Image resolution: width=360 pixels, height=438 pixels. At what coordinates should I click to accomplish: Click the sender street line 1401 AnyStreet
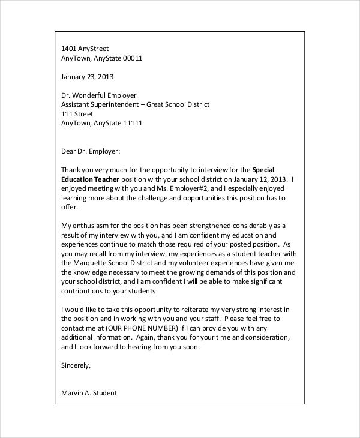pyautogui.click(x=86, y=49)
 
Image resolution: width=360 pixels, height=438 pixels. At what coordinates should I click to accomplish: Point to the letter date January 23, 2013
pyautogui.click(x=88, y=77)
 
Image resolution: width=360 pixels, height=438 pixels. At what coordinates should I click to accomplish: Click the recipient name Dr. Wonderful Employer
pyautogui.click(x=99, y=95)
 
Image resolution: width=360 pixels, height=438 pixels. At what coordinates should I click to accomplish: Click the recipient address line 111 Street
pyautogui.click(x=77, y=114)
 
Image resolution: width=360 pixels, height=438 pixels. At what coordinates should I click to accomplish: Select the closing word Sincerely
pyautogui.click(x=76, y=365)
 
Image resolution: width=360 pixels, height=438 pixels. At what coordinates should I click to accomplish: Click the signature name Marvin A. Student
pyautogui.click(x=89, y=394)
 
